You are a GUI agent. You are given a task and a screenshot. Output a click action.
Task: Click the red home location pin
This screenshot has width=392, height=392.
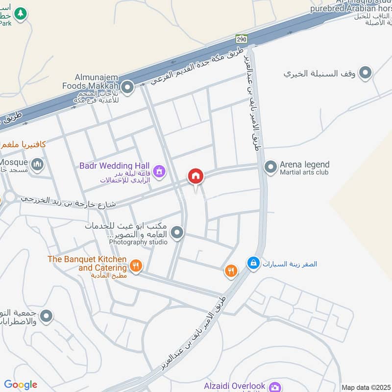[x=196, y=176]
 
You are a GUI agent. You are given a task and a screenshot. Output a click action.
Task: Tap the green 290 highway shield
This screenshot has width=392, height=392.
[x=241, y=39]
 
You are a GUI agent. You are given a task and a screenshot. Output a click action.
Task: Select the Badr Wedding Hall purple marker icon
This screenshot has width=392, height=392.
[x=158, y=171]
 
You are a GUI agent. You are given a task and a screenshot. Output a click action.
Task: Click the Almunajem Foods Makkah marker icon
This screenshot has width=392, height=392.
[x=127, y=88]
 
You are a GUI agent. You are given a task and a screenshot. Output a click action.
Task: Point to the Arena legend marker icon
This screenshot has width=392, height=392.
[x=270, y=168]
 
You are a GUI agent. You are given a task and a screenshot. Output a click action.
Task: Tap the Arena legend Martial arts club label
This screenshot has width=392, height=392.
[x=304, y=168]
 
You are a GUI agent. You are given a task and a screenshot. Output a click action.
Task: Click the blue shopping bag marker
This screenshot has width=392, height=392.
[x=253, y=264]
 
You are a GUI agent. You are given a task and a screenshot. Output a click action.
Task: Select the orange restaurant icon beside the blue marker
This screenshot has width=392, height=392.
[x=231, y=270]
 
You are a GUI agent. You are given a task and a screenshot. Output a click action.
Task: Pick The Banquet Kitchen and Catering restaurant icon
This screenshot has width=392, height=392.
[x=136, y=267]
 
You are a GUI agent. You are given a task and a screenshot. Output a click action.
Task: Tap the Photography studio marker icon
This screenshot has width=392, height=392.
[x=177, y=233]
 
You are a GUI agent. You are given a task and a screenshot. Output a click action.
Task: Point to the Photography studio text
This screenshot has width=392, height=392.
[x=138, y=242]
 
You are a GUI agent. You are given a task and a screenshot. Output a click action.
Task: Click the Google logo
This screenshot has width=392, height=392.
[x=21, y=385]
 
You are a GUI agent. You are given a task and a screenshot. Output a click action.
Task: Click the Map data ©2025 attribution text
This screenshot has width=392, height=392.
[x=366, y=388]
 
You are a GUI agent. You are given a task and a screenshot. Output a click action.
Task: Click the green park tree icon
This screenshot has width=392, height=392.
[x=20, y=14]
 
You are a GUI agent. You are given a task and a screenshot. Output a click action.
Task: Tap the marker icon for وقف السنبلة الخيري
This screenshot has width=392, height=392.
[x=365, y=73]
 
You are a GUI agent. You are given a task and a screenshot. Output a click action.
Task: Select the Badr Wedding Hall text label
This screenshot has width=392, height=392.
[x=115, y=166]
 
